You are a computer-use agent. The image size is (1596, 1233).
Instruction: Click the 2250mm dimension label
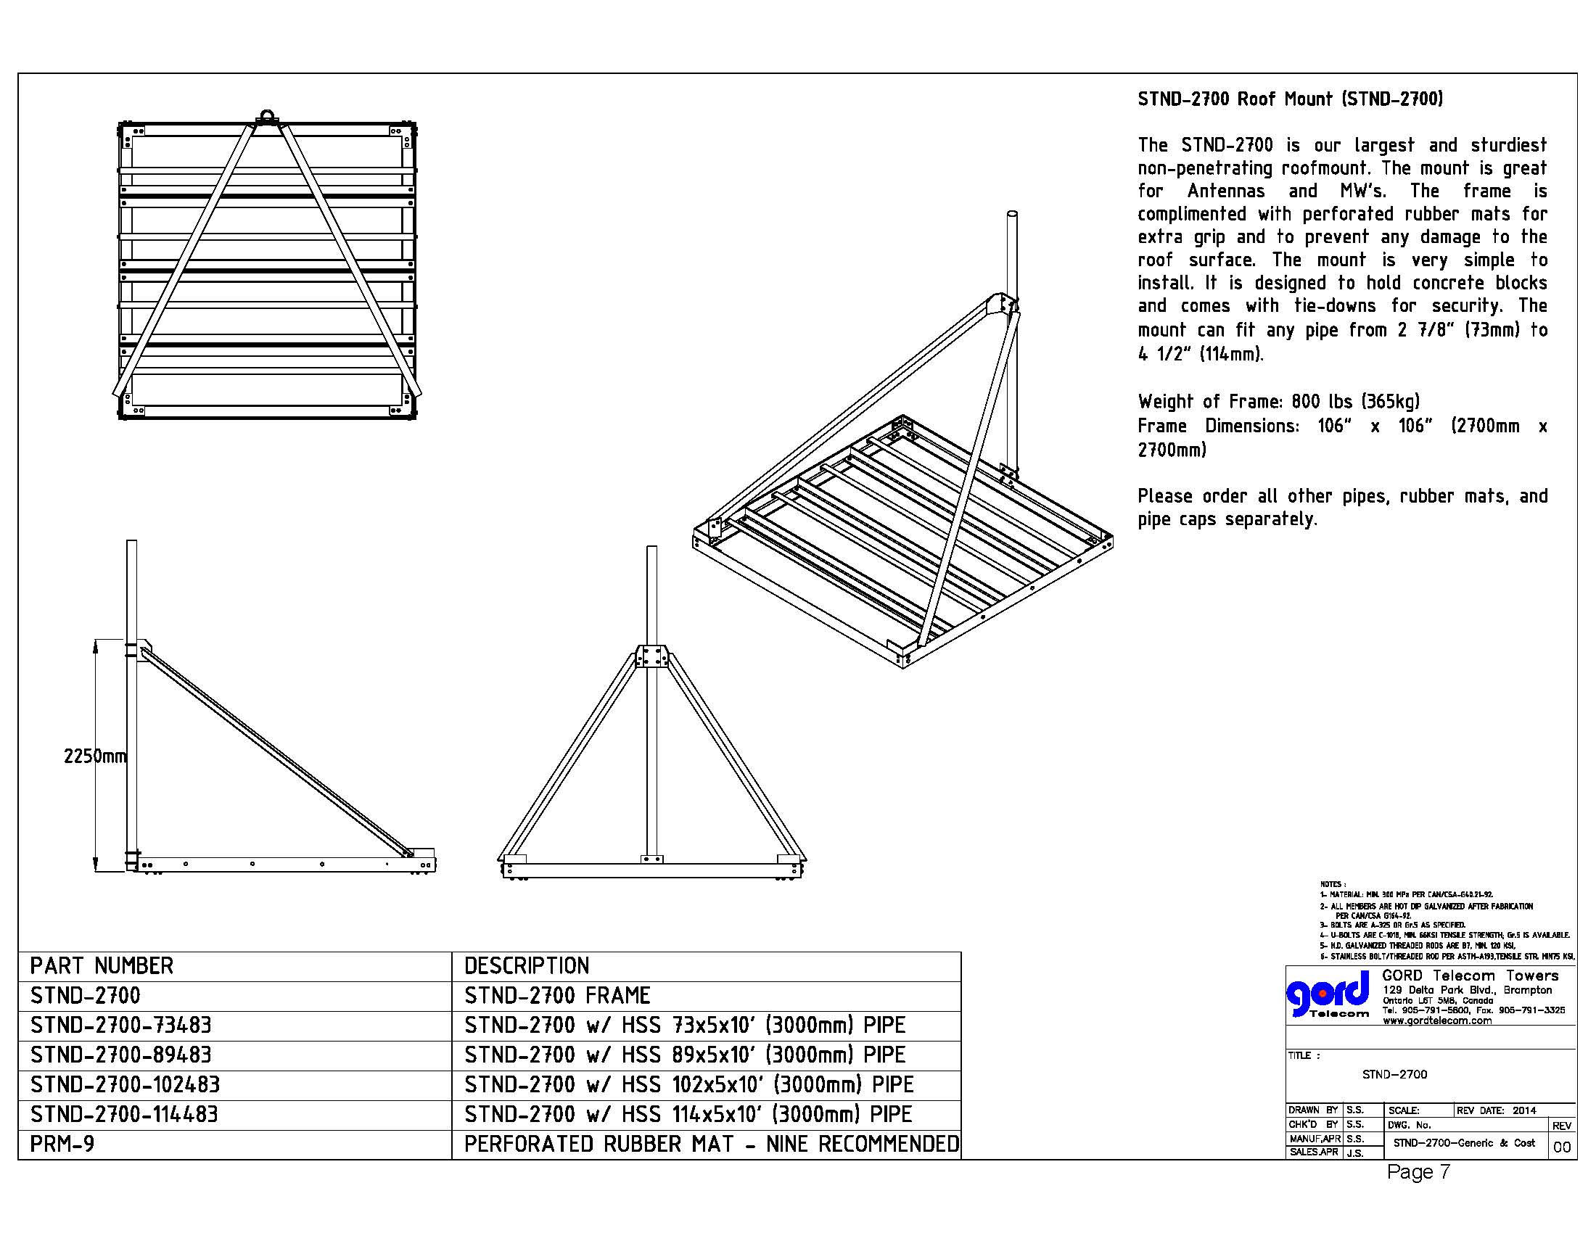95,756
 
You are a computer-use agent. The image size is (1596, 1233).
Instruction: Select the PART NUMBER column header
102,965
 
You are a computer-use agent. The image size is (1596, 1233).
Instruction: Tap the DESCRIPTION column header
526,965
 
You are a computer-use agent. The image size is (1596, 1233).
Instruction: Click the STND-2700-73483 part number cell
120,1025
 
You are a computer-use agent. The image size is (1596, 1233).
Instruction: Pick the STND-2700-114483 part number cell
124,1114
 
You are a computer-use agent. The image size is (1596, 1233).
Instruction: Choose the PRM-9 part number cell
62,1144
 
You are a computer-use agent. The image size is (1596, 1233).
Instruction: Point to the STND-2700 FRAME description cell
557,996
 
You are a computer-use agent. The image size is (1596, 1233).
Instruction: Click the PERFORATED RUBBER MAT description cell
711,1144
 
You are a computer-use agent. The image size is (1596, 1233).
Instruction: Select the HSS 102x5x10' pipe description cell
688,1084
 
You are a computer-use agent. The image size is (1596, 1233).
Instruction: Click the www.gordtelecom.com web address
1436,1020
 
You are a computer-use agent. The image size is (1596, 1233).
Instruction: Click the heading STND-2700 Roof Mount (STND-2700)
1290,99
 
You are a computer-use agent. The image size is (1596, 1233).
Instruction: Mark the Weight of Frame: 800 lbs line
1278,401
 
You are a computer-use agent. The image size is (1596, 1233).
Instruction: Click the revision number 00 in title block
1562,1147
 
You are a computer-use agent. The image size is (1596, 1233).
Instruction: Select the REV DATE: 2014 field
1496,1110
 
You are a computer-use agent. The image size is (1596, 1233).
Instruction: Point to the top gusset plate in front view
652,656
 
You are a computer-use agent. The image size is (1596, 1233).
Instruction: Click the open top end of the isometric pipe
1012,214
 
